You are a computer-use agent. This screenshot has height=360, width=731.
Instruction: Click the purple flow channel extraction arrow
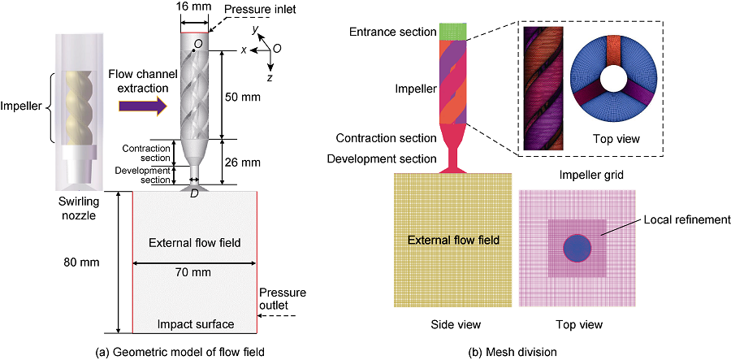[x=143, y=104]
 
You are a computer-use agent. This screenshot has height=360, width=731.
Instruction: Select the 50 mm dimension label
[x=240, y=95]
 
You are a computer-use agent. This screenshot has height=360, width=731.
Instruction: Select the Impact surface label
[x=195, y=324]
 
